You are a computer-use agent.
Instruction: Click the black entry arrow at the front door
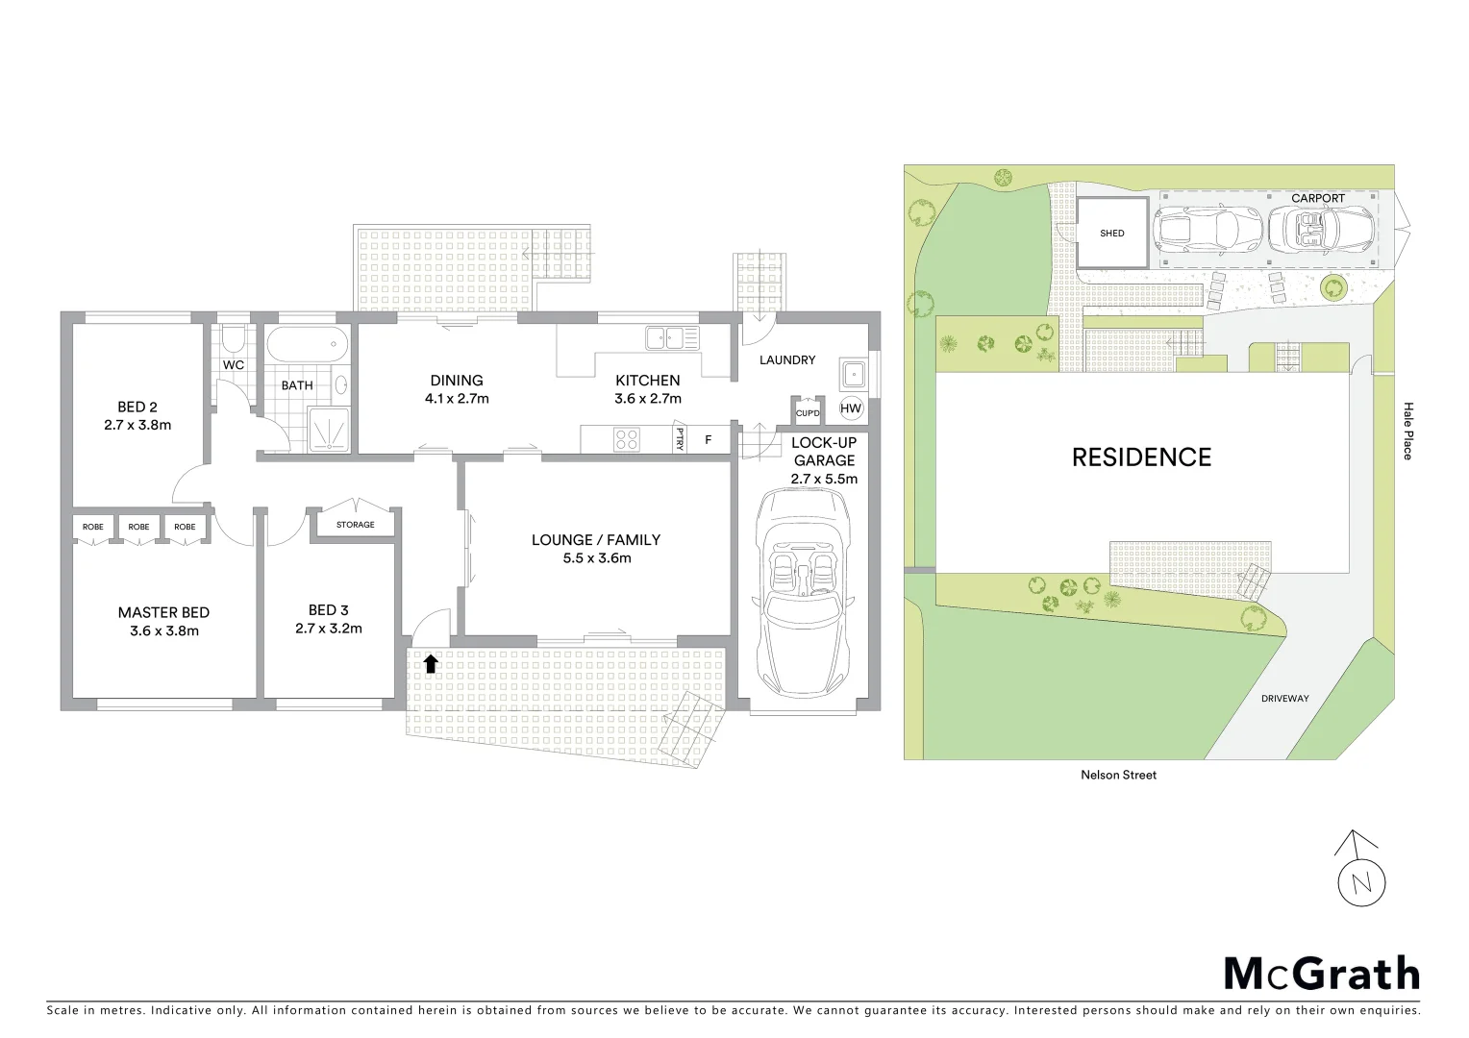click(431, 662)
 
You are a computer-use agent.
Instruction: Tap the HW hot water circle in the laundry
click(851, 408)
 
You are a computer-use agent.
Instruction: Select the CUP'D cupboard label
click(808, 413)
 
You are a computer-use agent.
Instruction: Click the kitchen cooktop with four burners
click(627, 439)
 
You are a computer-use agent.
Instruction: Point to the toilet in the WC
click(233, 340)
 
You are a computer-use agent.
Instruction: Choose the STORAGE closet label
click(355, 525)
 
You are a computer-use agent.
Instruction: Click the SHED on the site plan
click(1112, 234)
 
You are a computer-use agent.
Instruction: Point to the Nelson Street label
click(1118, 775)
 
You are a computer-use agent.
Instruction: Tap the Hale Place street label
click(1407, 431)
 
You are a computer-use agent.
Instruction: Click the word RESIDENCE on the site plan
click(1141, 457)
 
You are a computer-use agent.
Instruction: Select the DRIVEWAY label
click(1284, 699)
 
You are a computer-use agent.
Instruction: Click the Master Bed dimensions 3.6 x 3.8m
click(163, 631)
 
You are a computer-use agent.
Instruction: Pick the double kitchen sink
click(672, 337)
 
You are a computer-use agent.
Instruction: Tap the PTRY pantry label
click(680, 438)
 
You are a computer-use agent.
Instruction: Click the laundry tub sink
click(853, 372)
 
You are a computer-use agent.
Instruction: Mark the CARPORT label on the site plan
click(1317, 198)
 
